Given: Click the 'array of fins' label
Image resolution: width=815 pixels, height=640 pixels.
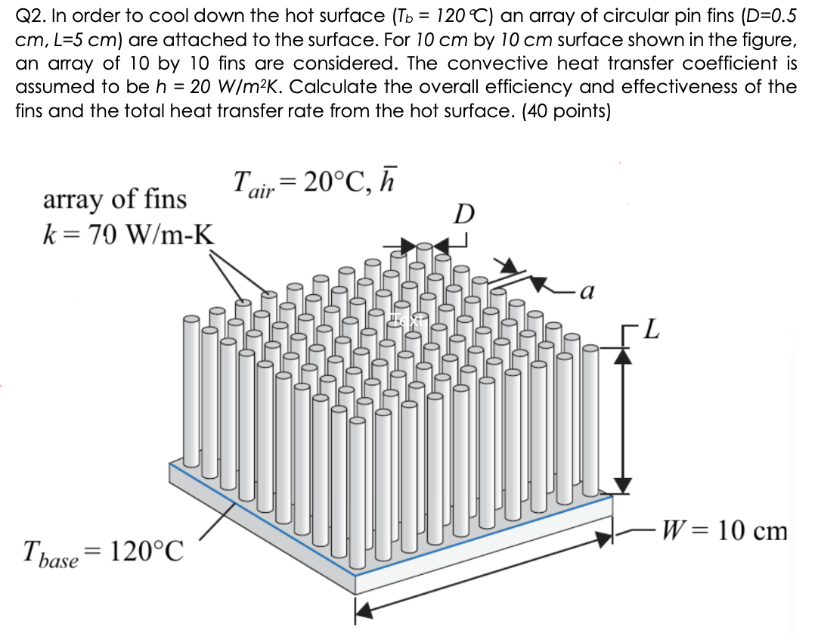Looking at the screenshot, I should click(115, 200).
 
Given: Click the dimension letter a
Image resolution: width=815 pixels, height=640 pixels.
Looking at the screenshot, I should click(589, 289).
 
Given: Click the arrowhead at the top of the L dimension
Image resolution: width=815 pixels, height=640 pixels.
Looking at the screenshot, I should click(621, 358).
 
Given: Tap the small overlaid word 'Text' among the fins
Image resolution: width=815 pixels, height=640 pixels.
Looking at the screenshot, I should click(408, 319).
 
